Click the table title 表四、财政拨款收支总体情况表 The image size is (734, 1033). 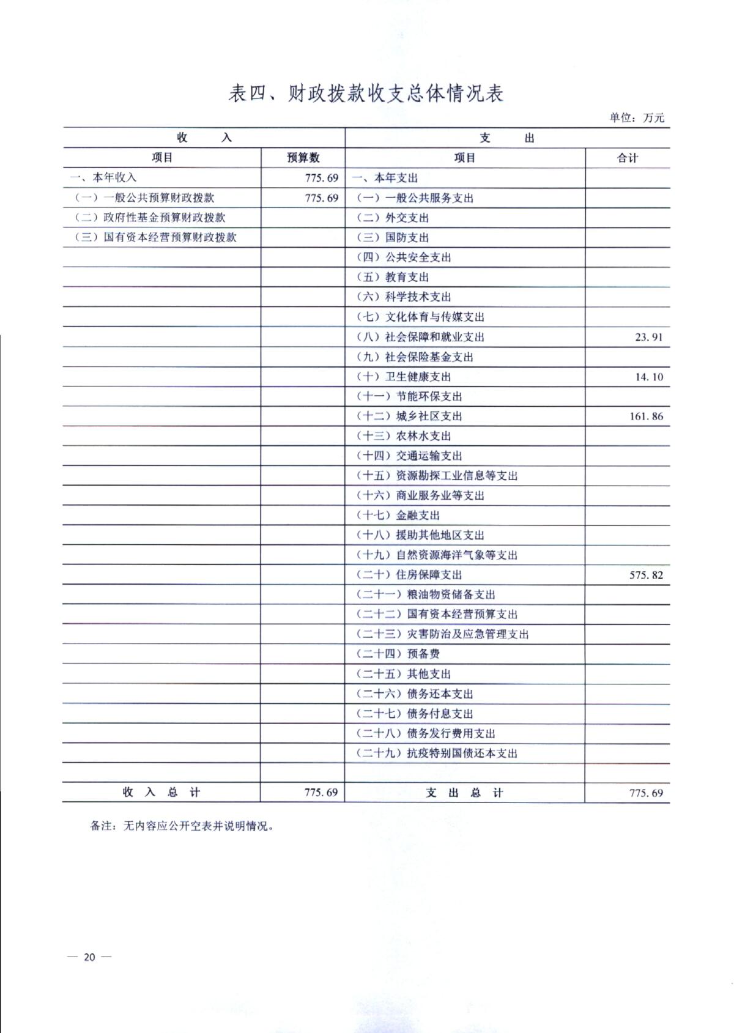tap(366, 94)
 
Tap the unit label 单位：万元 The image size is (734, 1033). tap(636, 118)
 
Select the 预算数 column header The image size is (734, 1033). tap(303, 158)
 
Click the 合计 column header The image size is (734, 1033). tap(628, 158)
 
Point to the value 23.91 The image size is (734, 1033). tap(648, 337)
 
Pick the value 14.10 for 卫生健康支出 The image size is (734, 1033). tap(648, 377)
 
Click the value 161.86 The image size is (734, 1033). tap(646, 417)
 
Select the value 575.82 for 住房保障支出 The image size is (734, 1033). tap(646, 575)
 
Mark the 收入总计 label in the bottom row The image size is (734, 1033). tap(161, 792)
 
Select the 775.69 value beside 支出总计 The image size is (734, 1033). tap(646, 793)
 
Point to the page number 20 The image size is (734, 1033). tap(89, 957)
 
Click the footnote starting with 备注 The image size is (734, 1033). tap(182, 826)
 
